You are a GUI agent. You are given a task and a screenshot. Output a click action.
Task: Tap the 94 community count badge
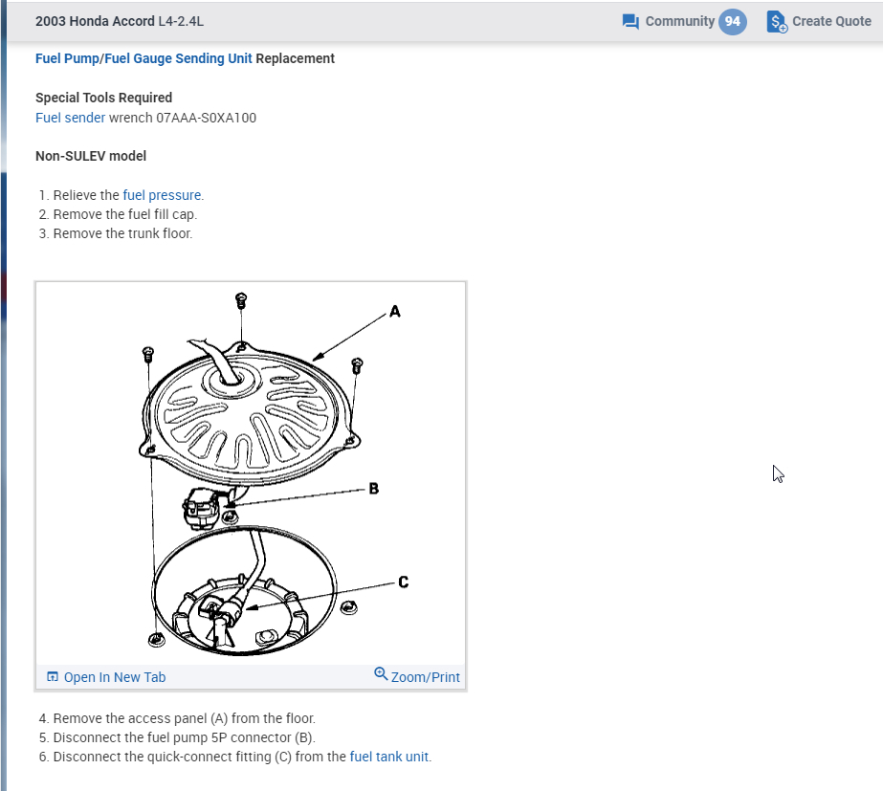tap(733, 21)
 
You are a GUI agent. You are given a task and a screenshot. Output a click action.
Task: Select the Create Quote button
tap(819, 21)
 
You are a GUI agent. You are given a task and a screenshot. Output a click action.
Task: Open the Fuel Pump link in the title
tap(67, 58)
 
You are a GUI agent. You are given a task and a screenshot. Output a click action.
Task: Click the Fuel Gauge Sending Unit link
tap(178, 58)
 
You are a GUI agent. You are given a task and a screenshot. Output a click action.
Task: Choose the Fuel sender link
tap(70, 118)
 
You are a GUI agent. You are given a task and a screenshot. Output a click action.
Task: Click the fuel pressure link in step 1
tap(163, 195)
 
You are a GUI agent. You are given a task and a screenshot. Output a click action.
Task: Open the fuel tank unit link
tap(389, 757)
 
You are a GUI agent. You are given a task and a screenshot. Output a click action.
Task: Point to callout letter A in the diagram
tap(395, 311)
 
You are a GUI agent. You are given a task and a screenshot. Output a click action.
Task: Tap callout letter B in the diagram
tap(373, 489)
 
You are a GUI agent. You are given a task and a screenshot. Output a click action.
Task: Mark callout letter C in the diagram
tap(403, 581)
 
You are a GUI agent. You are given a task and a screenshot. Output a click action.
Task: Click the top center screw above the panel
tap(241, 299)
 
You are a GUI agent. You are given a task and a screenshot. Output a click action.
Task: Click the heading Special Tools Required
tap(103, 98)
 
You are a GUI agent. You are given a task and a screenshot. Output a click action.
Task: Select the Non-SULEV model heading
tap(91, 156)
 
